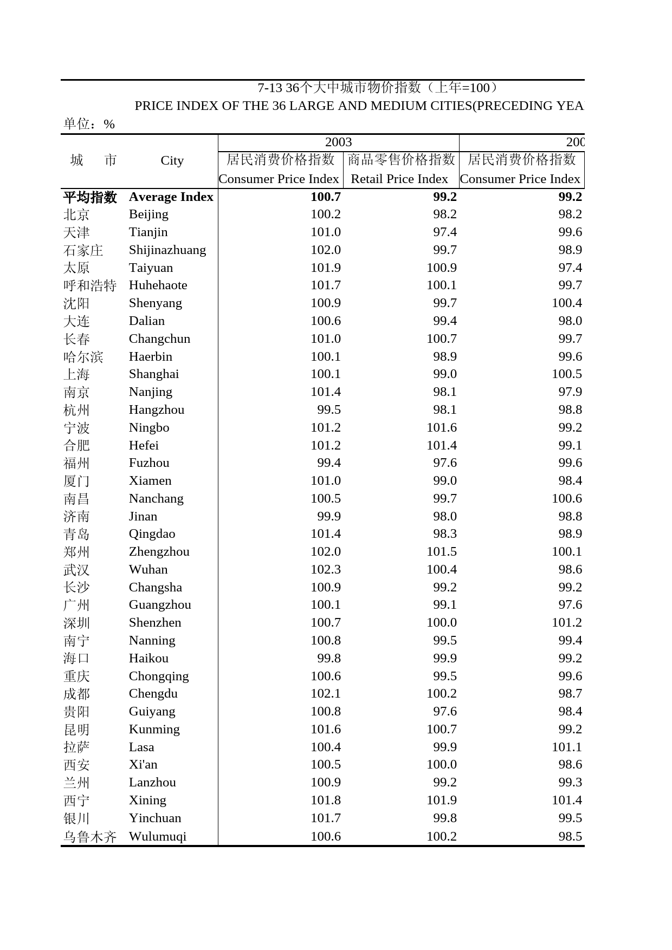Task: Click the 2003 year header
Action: coord(338,142)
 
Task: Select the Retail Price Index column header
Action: coord(399,179)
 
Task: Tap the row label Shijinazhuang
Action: coord(167,250)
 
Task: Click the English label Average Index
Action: coord(171,197)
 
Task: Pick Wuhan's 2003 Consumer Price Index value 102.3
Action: coord(325,569)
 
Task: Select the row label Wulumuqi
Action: coord(157,836)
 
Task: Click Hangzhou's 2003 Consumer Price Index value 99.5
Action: coord(328,409)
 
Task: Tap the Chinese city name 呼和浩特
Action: coord(90,285)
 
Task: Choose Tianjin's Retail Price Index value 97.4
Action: coord(444,232)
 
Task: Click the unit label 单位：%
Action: coord(89,124)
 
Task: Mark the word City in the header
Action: coord(172,161)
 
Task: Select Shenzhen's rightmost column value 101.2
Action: coord(566,622)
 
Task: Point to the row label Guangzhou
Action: coord(160,604)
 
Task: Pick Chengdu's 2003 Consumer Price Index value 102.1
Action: coord(325,693)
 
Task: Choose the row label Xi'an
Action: coord(143,764)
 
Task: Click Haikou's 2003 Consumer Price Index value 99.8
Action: coord(328,658)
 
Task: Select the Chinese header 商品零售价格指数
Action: coord(401,159)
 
